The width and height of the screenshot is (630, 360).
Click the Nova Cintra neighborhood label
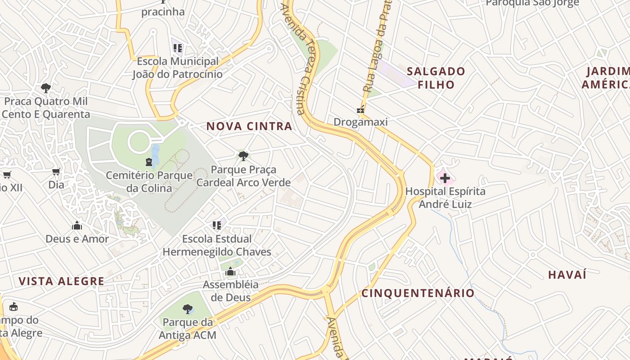[249, 126]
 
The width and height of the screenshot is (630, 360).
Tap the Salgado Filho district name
[436, 78]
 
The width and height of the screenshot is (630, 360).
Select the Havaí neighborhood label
[567, 274]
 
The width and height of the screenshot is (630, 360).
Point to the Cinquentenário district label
[418, 293]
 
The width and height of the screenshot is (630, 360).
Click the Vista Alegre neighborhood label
[61, 282]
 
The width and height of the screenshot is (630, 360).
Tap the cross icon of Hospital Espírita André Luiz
[445, 178]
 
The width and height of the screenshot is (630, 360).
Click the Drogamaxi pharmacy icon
[360, 109]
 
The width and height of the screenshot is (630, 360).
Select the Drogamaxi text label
[360, 122]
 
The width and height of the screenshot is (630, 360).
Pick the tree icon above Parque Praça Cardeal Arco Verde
[243, 156]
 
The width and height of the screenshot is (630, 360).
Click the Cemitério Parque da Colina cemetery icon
[148, 162]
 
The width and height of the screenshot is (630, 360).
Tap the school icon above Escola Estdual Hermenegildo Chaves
[217, 225]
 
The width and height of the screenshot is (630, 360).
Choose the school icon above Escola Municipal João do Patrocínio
[177, 47]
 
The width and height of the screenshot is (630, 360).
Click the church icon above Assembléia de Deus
[230, 271]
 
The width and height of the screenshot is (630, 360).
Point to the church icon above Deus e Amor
[77, 225]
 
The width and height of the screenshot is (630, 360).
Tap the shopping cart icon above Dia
[56, 171]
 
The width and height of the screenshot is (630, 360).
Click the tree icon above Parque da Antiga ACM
[187, 309]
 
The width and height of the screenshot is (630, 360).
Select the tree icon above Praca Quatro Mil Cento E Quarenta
[45, 87]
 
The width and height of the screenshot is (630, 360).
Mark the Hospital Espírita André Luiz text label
[445, 198]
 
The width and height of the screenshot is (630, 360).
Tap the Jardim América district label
[607, 78]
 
